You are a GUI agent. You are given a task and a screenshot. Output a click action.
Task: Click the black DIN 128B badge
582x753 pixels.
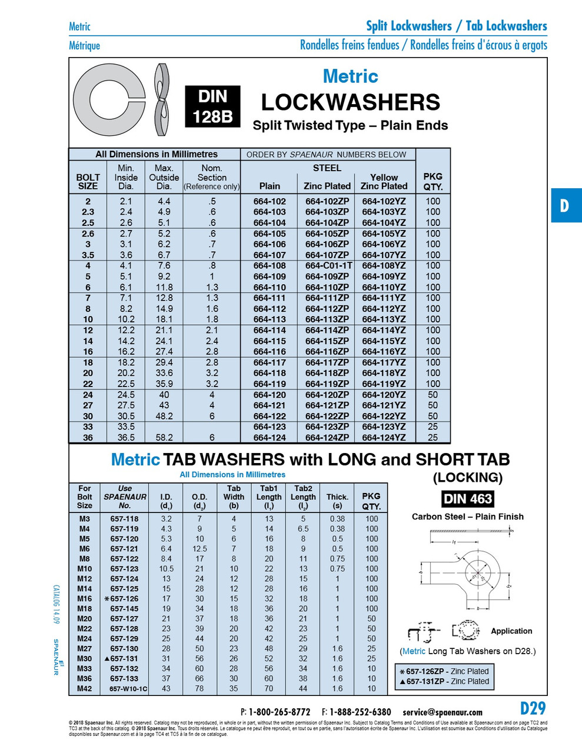point(212,106)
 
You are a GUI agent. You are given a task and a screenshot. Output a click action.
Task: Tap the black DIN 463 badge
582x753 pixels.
point(467,499)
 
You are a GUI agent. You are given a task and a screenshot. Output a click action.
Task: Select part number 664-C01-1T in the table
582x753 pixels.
point(328,265)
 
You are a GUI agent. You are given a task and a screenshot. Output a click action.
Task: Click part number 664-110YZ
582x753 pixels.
point(384,287)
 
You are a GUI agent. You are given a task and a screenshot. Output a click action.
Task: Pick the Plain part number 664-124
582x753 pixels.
point(270,438)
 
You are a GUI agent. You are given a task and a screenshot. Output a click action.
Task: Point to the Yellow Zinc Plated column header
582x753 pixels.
point(384,181)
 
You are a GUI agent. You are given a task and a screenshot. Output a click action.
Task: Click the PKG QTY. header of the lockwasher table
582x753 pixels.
point(433,181)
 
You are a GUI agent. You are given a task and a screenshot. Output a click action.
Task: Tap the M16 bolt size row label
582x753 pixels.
point(85,598)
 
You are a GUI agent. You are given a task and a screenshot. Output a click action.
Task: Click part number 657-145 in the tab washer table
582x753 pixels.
point(125,608)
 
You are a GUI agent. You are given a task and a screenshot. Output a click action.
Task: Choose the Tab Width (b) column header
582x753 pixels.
point(234,497)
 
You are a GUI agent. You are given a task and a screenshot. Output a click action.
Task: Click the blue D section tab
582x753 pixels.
point(565,205)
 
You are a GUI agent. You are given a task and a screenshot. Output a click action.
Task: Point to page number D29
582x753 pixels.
point(533,708)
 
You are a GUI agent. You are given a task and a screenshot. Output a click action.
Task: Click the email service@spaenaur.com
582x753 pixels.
point(443,712)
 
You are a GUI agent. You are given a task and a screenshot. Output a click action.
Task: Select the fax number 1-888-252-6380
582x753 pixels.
point(360,712)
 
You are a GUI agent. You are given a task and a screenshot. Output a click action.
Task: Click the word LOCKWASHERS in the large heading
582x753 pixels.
point(350,102)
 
